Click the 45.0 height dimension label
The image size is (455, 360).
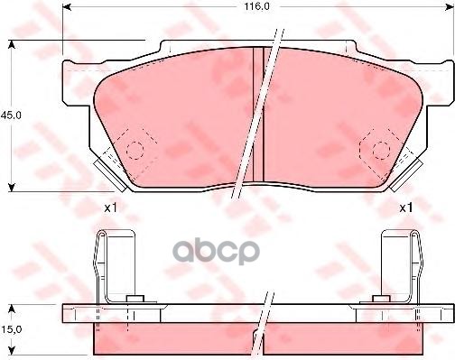[x=11, y=115]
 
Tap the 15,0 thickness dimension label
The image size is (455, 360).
[x=11, y=329]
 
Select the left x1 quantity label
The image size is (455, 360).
[x=110, y=208]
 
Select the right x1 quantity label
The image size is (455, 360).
[x=406, y=208]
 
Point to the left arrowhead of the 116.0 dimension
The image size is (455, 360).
[x=67, y=7]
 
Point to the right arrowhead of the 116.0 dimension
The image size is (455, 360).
[x=450, y=7]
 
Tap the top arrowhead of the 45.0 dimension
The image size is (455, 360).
[x=12, y=44]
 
